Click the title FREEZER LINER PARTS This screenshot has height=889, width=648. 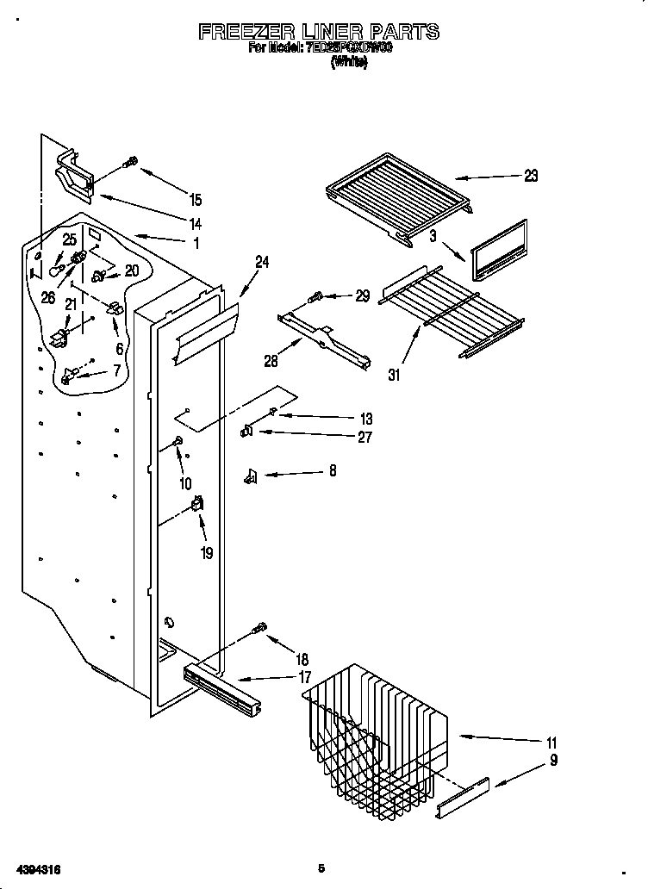320,32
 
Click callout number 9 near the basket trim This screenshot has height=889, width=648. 553,760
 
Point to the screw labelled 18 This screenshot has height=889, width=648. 259,628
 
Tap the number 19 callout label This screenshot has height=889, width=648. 207,553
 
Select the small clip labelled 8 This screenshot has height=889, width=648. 252,474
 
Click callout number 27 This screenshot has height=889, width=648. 364,438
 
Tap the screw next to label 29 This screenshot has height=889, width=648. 315,297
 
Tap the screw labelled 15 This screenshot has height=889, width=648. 132,161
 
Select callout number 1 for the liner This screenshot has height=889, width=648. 196,244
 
